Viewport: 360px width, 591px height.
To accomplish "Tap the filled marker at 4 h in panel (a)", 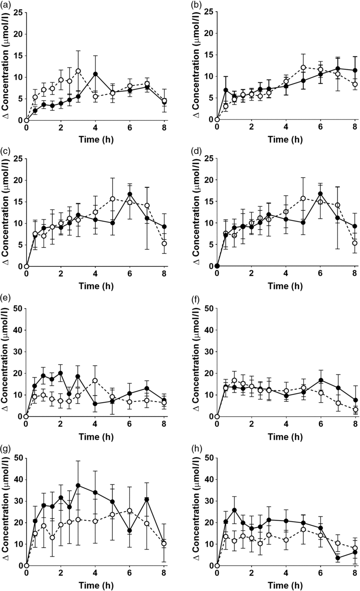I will coord(95,74).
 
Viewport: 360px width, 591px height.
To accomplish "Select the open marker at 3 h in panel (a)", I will coord(78,71).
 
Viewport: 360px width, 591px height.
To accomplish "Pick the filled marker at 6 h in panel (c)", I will coord(130,194).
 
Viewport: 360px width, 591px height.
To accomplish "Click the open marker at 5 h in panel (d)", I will coord(303,199).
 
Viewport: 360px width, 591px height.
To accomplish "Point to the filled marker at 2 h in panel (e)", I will coord(60,373).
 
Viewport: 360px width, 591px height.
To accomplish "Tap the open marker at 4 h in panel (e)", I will coord(95,381).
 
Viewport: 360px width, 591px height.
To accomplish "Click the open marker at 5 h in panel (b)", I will coord(303,67).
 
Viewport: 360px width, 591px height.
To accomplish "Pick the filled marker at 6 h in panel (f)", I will coord(321,380).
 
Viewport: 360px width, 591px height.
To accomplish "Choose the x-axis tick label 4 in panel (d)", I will coord(286,275).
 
